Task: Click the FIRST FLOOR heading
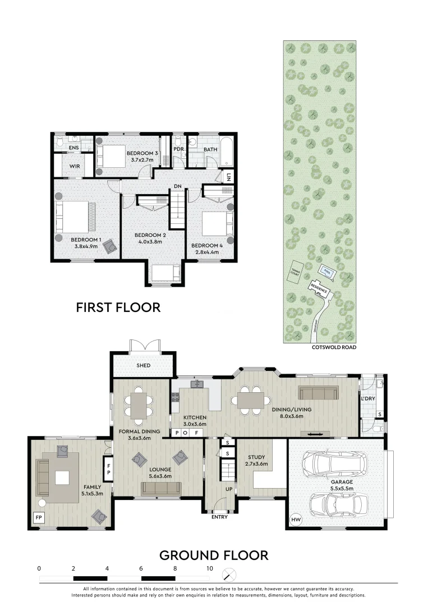[118, 307]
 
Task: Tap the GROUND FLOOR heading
[214, 555]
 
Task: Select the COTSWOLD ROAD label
[333, 347]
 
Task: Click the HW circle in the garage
[296, 520]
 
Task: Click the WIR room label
[75, 167]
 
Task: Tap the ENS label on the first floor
[73, 148]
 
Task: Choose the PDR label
[179, 149]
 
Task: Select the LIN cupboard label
[229, 177]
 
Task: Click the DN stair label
[177, 186]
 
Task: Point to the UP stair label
[228, 489]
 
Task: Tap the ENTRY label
[219, 517]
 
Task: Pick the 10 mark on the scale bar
[209, 568]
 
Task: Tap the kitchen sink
[197, 384]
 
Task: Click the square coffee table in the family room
[62, 478]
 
